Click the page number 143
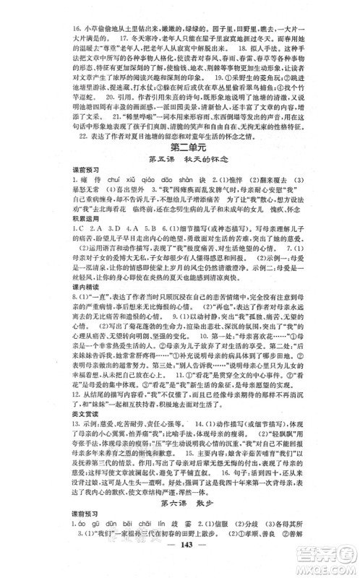(179, 564)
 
